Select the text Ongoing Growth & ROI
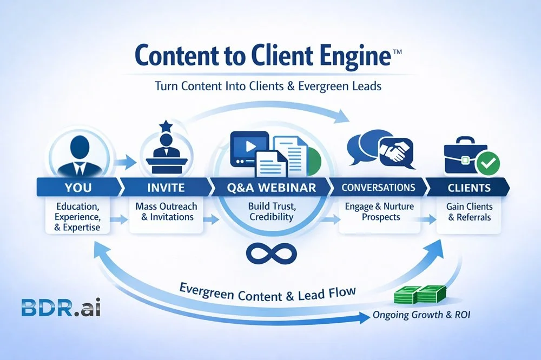(422, 315)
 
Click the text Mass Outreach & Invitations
(167, 212)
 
